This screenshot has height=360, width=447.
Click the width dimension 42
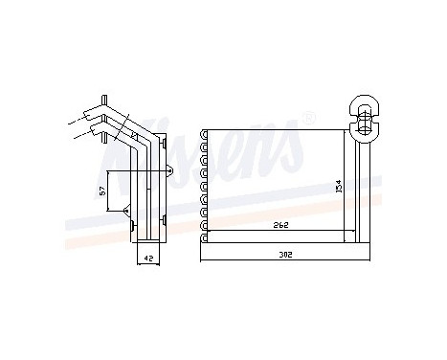(x=146, y=258)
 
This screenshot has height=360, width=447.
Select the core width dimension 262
(x=279, y=225)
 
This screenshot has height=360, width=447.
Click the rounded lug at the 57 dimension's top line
(x=169, y=171)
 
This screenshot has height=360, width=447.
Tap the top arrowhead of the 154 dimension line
(x=346, y=132)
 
